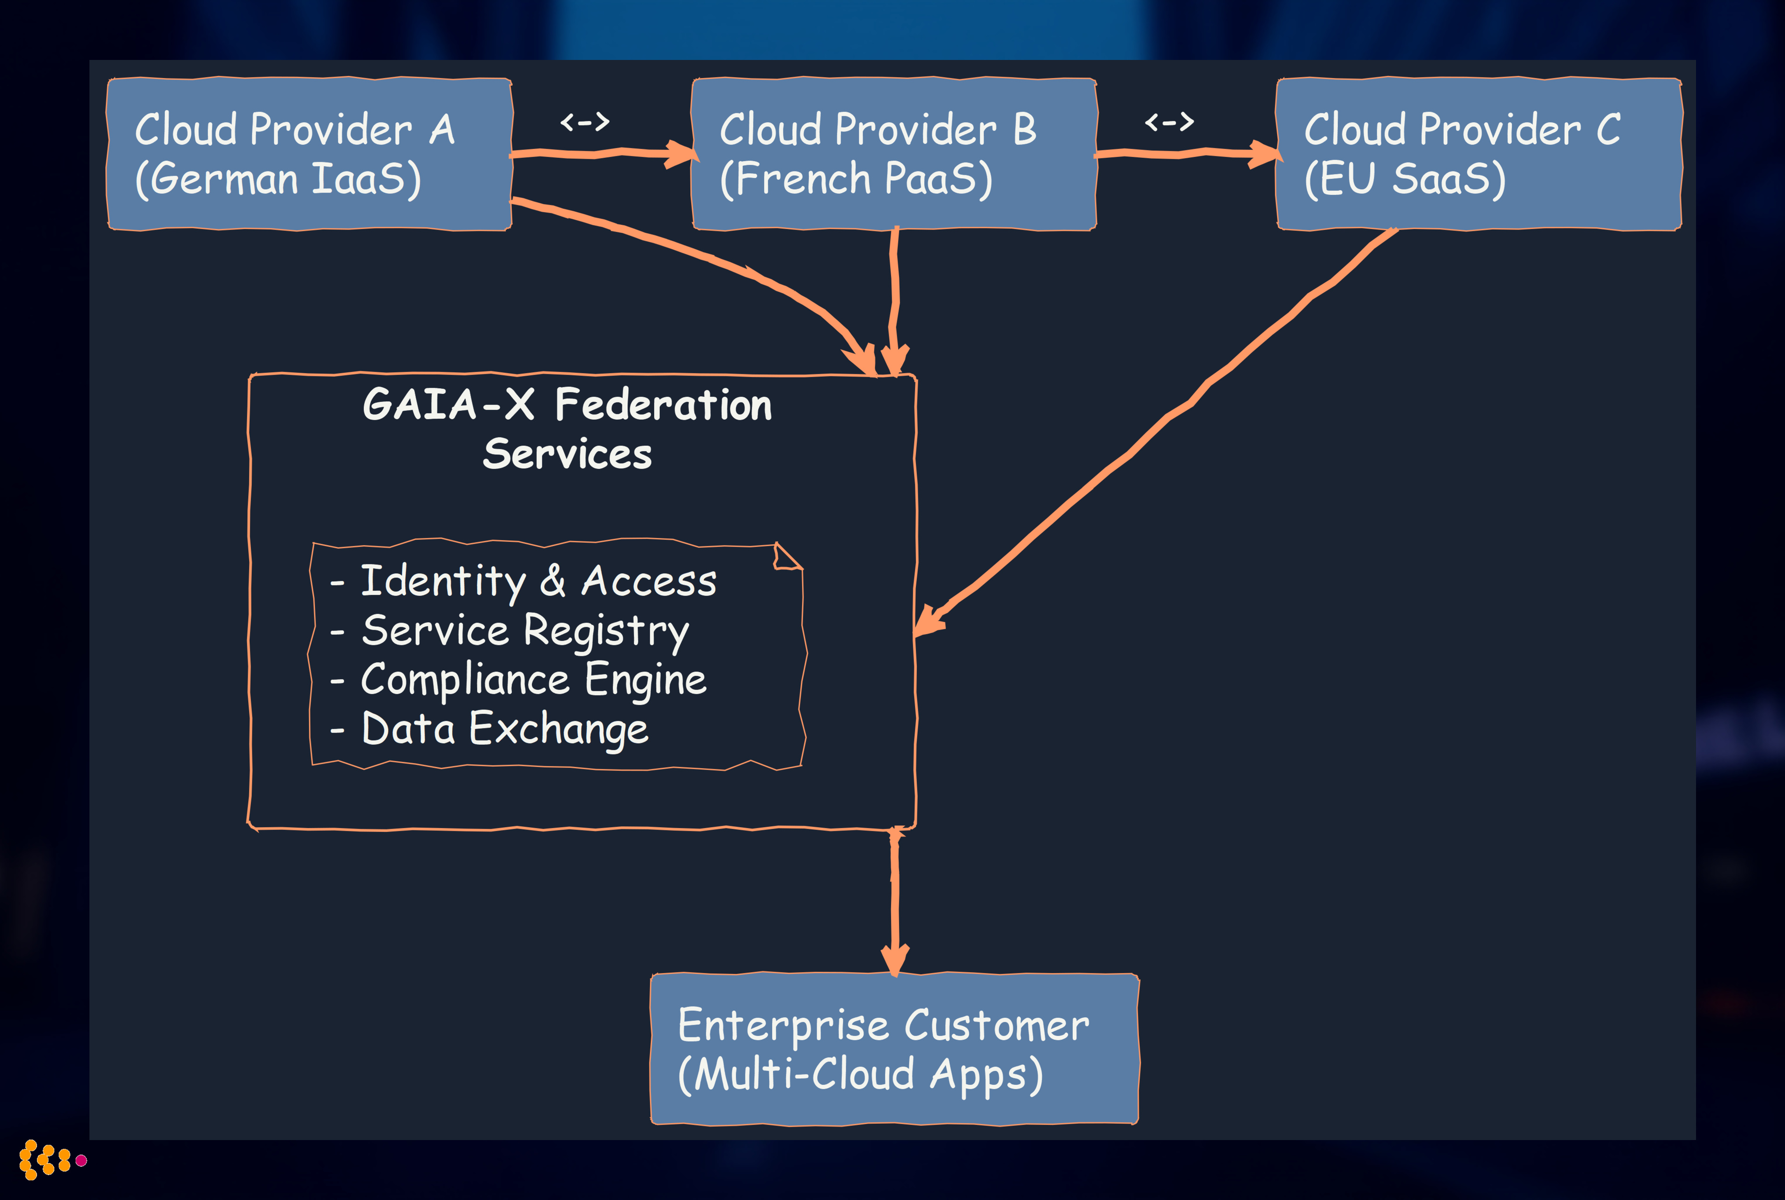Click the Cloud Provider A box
click(309, 153)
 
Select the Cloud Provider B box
click(893, 153)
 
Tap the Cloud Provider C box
click(1478, 153)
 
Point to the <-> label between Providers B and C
click(1169, 122)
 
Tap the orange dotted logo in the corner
click(44, 1159)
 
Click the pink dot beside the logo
click(81, 1160)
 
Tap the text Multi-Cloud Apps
click(860, 1074)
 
